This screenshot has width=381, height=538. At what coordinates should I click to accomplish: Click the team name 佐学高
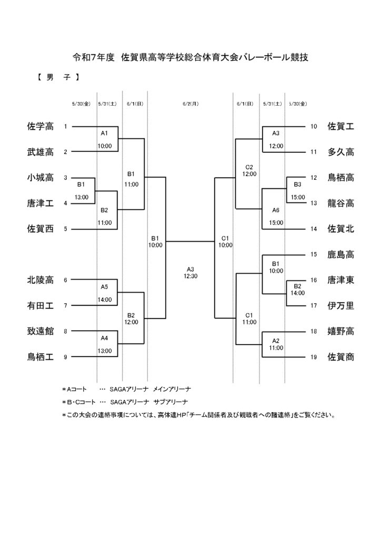40,126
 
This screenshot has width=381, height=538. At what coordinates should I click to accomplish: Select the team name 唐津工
40,203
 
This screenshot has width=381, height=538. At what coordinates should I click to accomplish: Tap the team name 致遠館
40,331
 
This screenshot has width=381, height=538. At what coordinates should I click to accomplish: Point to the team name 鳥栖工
40,357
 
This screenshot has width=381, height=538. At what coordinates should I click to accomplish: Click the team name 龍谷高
340,203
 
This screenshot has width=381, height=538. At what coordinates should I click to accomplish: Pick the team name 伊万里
340,305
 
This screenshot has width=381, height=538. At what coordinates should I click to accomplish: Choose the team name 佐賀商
340,357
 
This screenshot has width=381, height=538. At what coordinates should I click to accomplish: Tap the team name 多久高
340,152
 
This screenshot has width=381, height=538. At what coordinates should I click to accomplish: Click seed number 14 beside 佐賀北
313,229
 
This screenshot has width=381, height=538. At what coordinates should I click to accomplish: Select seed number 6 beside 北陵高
65,280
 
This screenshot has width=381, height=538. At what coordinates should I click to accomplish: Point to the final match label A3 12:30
190,273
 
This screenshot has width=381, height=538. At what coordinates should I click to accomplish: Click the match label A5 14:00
104,293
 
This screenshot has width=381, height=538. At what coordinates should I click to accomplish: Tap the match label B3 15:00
297,191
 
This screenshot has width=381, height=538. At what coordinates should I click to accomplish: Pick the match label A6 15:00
276,216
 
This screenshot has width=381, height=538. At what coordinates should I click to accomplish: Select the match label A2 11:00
276,344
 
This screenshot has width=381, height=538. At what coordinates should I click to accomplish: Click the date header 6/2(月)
190,104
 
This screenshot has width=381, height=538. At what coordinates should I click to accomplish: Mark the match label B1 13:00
81,191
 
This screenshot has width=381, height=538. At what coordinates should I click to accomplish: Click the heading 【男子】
58,77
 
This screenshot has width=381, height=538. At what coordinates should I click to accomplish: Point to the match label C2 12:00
249,171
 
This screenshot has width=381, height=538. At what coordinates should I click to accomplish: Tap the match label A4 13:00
104,345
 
